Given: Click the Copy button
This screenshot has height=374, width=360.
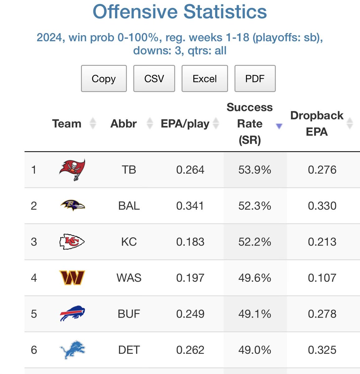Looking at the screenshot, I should [104, 79].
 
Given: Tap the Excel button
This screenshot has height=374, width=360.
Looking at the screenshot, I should [205, 79].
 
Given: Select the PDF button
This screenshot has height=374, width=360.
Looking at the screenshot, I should [255, 79].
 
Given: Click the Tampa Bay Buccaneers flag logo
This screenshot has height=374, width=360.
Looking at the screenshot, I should [72, 170].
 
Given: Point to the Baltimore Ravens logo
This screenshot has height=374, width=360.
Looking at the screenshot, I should [72, 205].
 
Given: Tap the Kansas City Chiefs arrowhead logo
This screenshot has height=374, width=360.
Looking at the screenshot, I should [72, 242].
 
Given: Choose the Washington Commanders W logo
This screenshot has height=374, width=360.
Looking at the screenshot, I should [72, 278].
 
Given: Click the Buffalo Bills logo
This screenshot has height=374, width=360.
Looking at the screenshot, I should [72, 314].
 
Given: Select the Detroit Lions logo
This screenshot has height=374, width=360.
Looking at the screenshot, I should [72, 350].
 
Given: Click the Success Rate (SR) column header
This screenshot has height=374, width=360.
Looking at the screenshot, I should [249, 123].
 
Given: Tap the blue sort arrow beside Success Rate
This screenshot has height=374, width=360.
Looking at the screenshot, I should [279, 126].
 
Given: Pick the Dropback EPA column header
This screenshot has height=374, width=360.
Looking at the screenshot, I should [317, 123].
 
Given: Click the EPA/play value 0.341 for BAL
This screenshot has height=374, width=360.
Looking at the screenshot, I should [190, 206].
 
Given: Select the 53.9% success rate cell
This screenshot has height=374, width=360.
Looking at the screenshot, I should [254, 170].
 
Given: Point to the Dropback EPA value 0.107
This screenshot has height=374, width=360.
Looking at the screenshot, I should [322, 278].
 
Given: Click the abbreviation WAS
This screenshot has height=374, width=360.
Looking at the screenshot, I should [129, 278].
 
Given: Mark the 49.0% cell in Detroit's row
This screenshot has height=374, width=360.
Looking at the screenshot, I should [254, 350].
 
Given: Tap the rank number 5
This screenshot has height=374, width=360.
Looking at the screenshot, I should [34, 314].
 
